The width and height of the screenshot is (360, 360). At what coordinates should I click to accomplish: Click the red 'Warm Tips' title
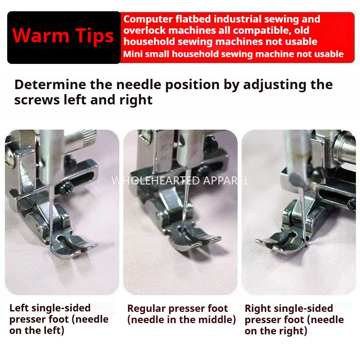pos(63,36)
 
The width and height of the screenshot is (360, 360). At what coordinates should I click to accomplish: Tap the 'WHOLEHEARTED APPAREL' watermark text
pos(180,181)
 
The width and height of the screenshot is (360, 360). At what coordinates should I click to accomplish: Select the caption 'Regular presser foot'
pos(177,309)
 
